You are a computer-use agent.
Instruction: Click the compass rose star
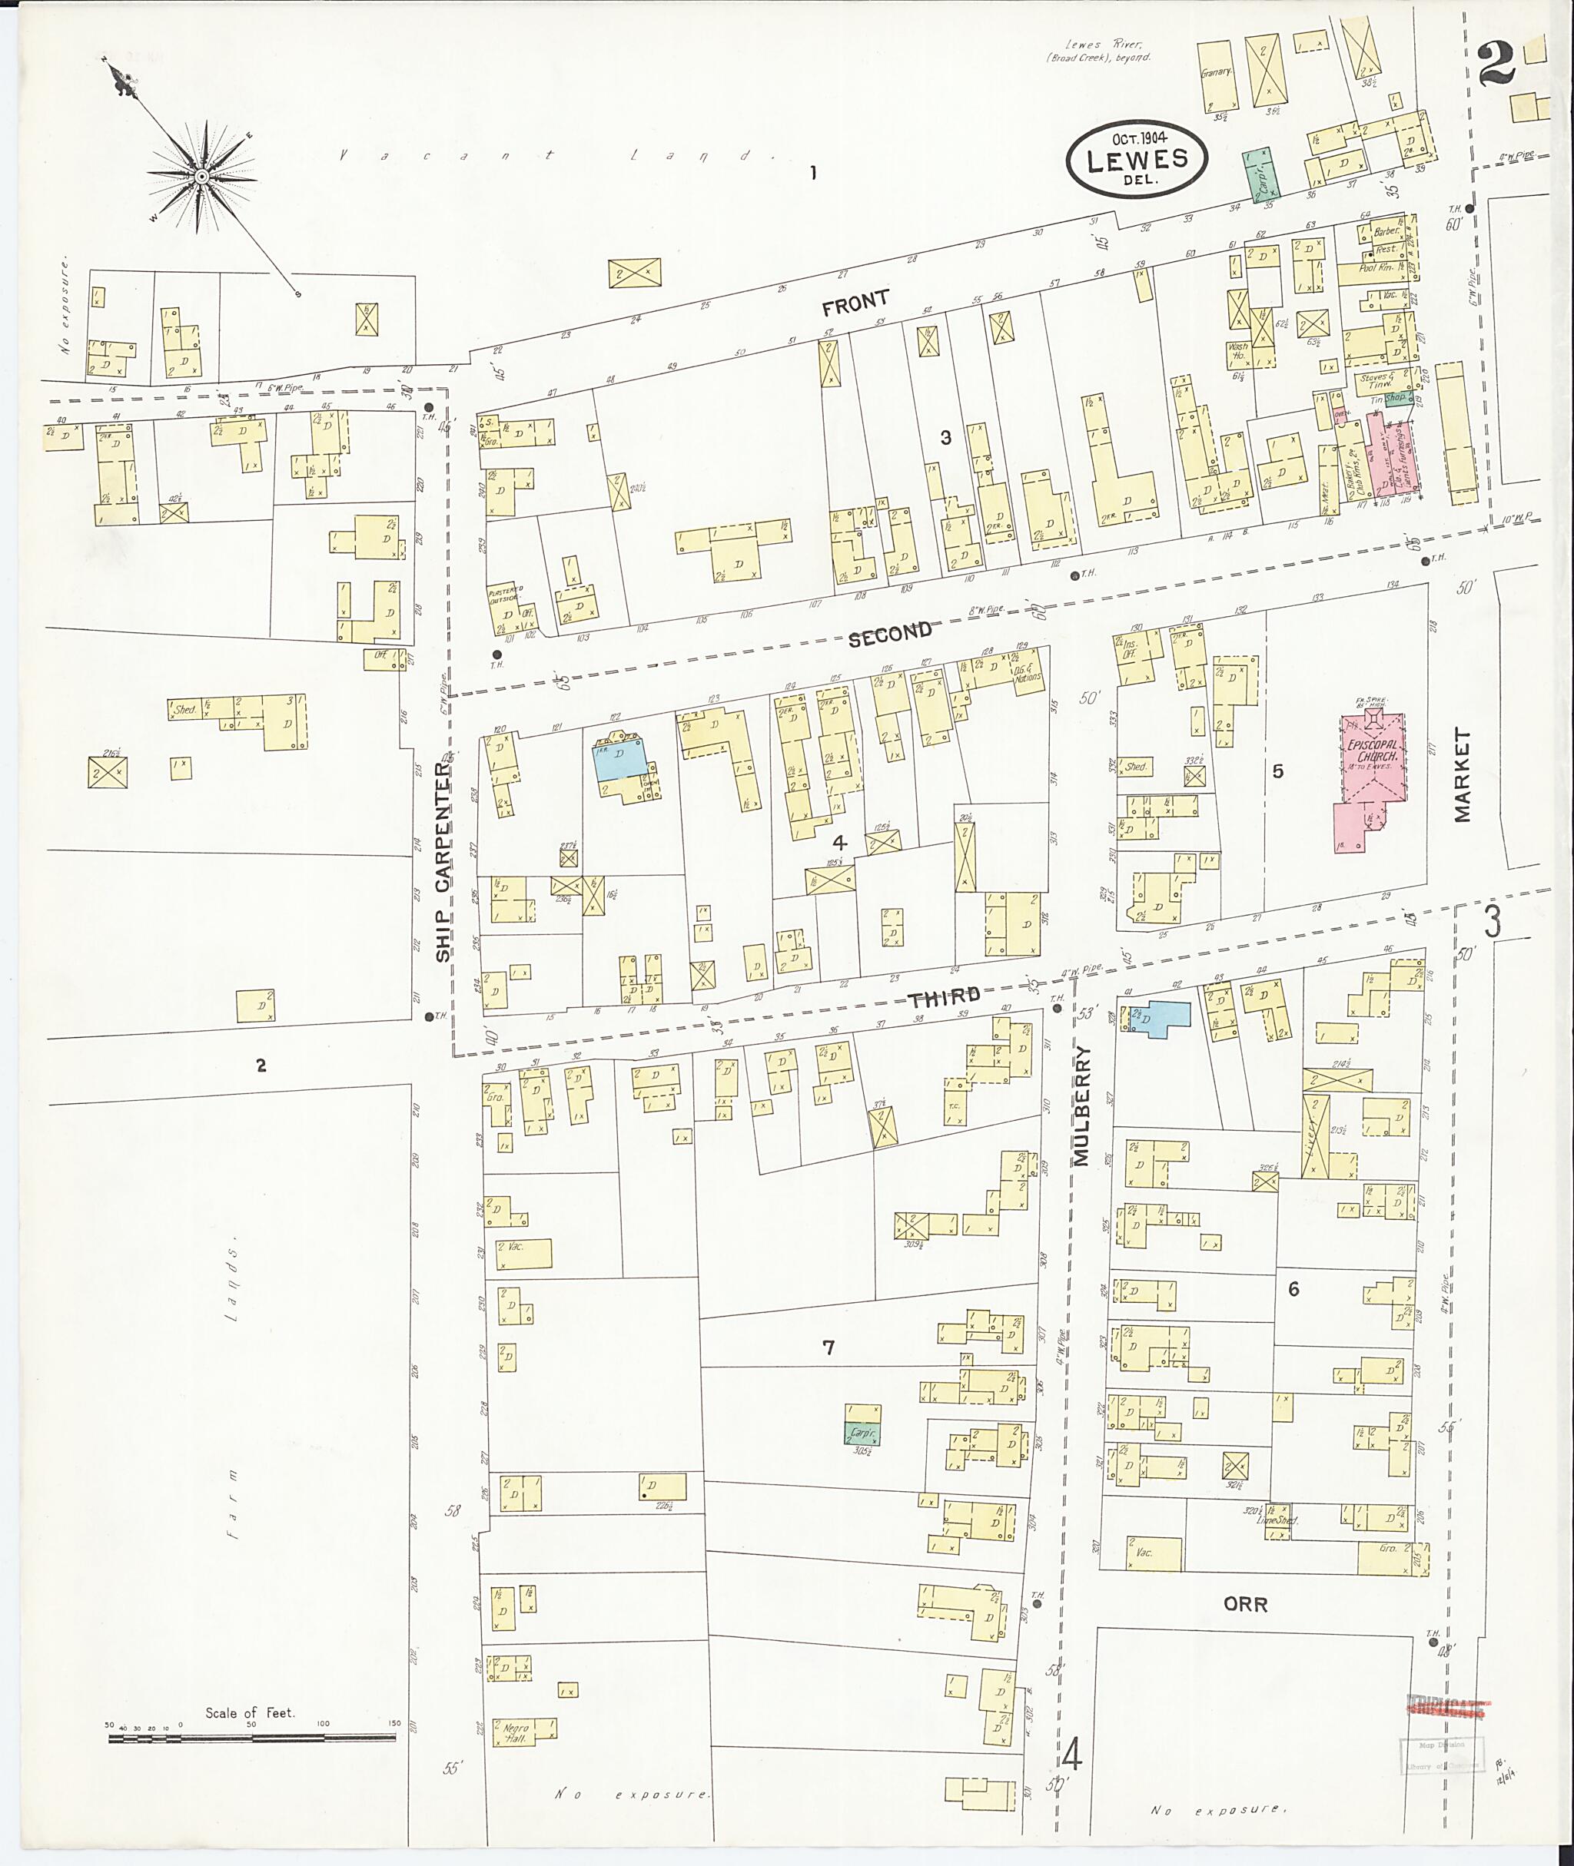(x=201, y=176)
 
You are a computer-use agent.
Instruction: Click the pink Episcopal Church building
(x=1370, y=758)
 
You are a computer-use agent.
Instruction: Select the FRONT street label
(x=855, y=304)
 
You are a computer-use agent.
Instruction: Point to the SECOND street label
(x=890, y=633)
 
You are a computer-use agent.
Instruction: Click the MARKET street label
(x=1462, y=774)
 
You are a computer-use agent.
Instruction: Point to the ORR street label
(x=1245, y=1604)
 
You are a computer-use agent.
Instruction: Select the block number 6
(x=1293, y=1289)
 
